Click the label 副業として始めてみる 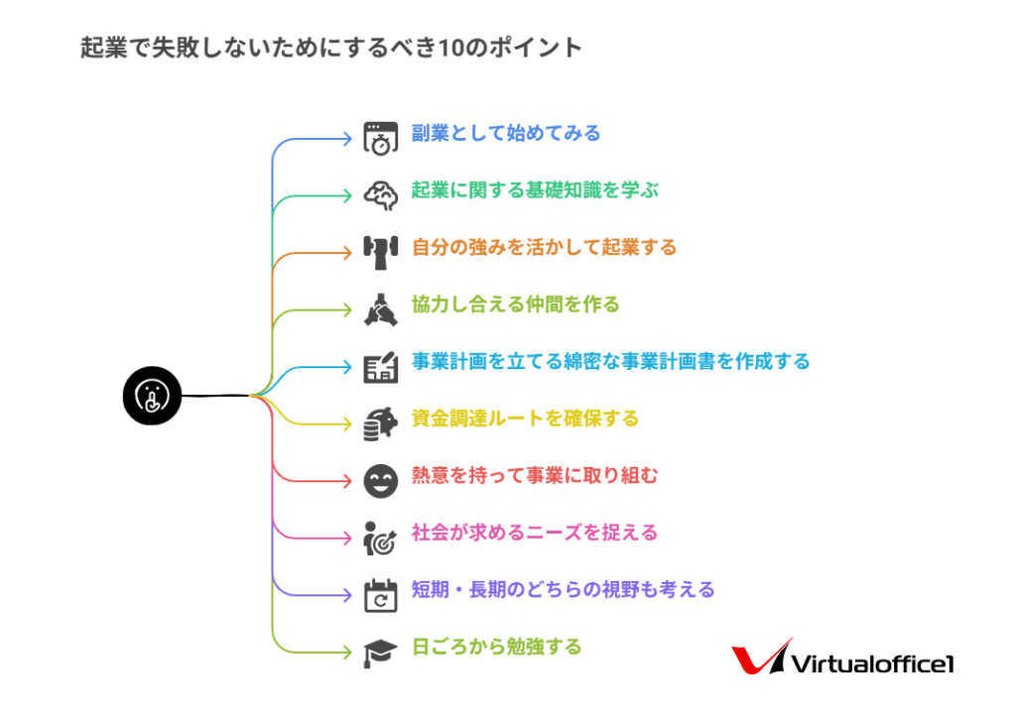(506, 133)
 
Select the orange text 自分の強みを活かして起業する (544, 247)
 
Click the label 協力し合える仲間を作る (515, 304)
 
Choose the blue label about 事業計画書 (610, 361)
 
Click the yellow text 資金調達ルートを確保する (525, 419)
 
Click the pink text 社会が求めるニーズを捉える (534, 533)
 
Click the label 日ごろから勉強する (496, 647)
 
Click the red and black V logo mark (761, 660)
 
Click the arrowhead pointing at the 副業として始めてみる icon (347, 139)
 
